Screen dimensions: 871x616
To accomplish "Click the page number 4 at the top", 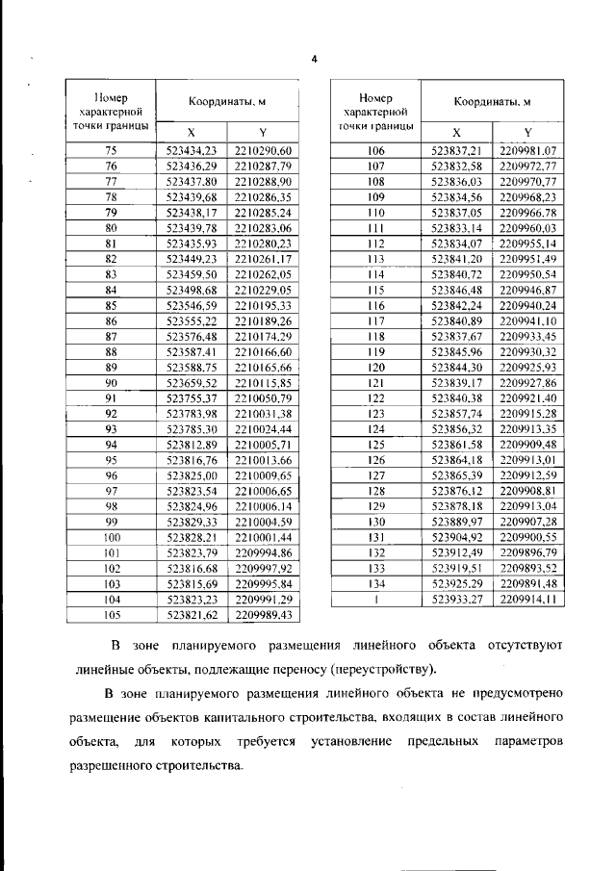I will (x=314, y=60).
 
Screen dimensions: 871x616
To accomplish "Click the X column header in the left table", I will (x=189, y=132).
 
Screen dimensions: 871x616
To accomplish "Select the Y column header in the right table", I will (x=527, y=132).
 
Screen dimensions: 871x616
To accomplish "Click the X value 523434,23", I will (x=191, y=149).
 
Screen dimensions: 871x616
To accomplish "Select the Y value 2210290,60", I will (x=262, y=149).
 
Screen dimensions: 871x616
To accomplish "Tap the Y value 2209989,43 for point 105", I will (x=262, y=615).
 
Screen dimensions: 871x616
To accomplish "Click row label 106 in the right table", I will (x=376, y=149).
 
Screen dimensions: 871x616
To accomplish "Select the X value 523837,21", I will (x=456, y=149).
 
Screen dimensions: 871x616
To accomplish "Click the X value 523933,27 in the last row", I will (x=456, y=599).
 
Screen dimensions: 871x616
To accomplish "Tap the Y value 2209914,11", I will (x=528, y=599).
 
